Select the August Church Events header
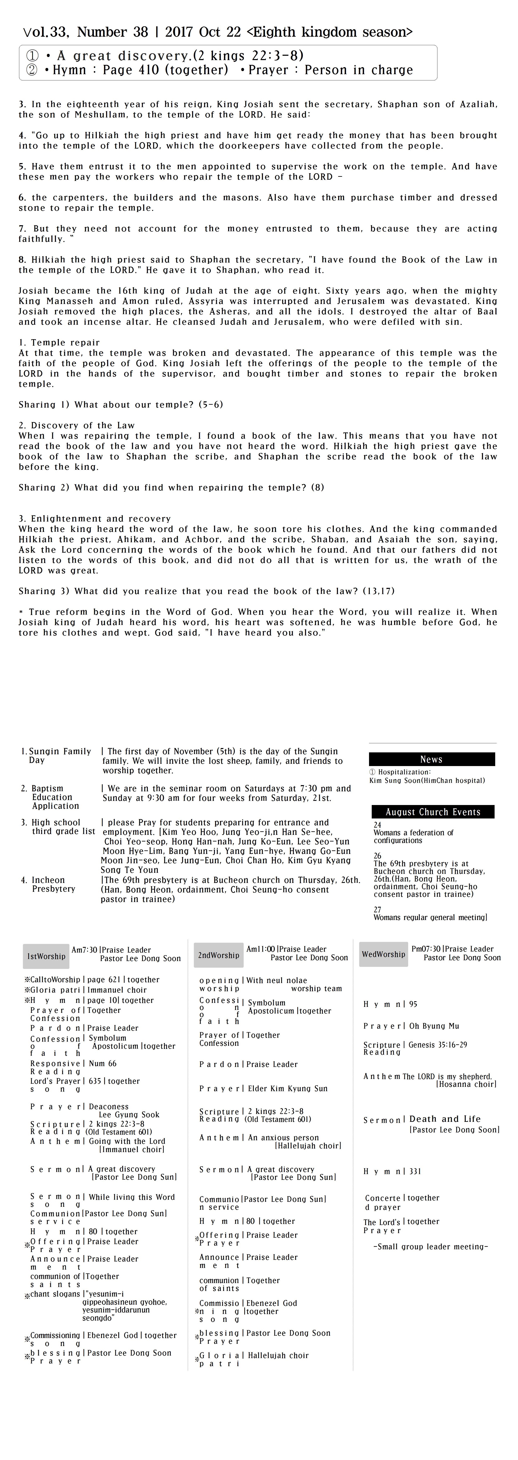(433, 812)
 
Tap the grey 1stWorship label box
(46, 956)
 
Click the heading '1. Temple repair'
(59, 342)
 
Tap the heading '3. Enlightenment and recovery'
(95, 519)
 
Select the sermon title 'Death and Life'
(445, 1119)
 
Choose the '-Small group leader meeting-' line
(431, 1246)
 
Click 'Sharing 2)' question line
(171, 487)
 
